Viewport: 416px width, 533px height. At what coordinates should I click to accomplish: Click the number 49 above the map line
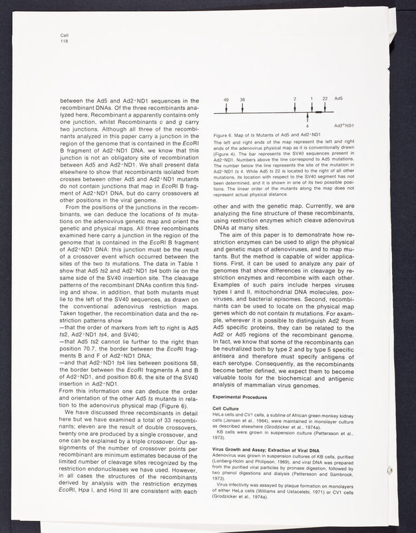tap(226, 99)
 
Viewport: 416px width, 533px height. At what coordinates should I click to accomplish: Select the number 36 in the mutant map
tap(242, 99)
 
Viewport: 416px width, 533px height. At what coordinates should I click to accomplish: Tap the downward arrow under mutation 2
tap(295, 107)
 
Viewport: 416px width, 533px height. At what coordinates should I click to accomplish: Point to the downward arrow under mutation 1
tap(312, 107)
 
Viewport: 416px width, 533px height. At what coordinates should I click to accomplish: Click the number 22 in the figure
tap(325, 99)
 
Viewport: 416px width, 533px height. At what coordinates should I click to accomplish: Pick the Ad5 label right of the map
tap(339, 99)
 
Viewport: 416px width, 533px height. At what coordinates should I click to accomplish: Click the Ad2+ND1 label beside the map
tap(343, 125)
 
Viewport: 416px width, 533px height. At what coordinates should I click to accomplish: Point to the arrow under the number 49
tap(226, 107)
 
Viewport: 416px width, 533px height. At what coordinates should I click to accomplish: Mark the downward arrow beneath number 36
tap(242, 107)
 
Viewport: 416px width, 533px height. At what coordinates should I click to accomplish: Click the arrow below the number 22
tap(324, 107)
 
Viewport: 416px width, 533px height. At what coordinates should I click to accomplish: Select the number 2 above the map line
tap(295, 99)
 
